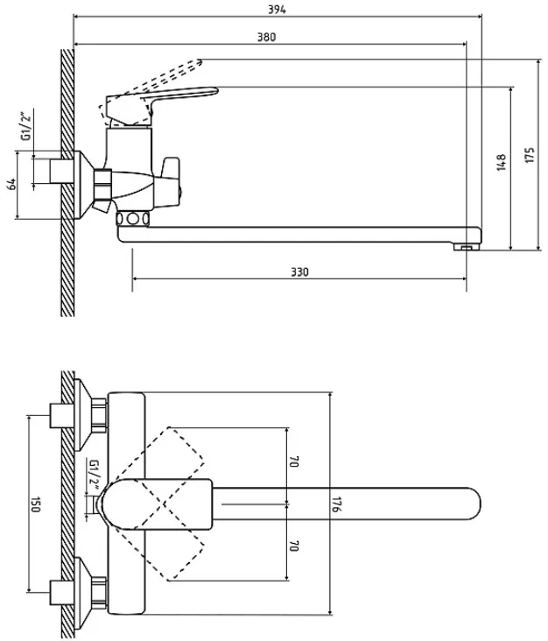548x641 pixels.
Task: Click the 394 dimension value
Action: coord(277,10)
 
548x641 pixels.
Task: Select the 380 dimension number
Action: coord(266,37)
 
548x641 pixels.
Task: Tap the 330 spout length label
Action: coord(299,271)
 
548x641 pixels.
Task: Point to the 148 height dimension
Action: coord(501,162)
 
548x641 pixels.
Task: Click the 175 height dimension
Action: coord(530,155)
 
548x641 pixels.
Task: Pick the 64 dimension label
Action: coord(12,184)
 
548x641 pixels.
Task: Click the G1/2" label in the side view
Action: coord(26,124)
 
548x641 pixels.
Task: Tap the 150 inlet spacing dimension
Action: coord(36,504)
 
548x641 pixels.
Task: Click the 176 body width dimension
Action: coord(337,504)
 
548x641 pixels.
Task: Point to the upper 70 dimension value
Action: coord(294,462)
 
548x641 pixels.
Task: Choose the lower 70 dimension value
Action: coord(294,546)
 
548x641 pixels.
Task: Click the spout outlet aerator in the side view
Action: coord(464,247)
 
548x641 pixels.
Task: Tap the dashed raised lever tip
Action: coord(199,62)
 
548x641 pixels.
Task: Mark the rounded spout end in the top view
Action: coord(474,504)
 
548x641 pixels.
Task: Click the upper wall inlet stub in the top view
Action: coord(62,415)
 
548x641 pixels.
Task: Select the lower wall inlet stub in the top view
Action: coord(62,592)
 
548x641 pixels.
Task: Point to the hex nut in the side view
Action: coord(102,185)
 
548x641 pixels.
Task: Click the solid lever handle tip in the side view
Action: coord(211,91)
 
